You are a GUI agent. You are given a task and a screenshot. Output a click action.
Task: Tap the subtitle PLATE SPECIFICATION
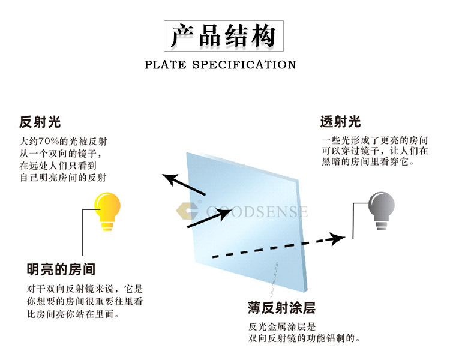[x=220, y=65]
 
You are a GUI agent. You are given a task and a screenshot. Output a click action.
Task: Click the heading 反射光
[x=40, y=122]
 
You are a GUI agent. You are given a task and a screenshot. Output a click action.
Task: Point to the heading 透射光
[x=340, y=122]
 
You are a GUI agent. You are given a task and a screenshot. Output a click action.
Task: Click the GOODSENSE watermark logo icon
[x=187, y=212]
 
